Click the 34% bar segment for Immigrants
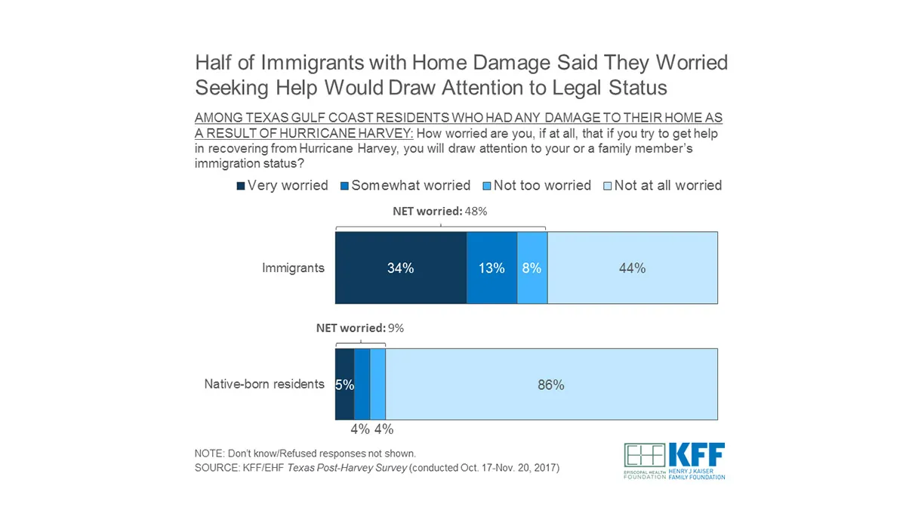pyautogui.click(x=400, y=268)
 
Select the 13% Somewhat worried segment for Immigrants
pyautogui.click(x=492, y=268)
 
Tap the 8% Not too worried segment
pyautogui.click(x=532, y=268)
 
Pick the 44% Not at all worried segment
pyautogui.click(x=632, y=268)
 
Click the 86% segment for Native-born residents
pyautogui.click(x=551, y=385)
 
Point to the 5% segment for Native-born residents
pyautogui.click(x=344, y=385)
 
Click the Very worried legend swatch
pyautogui.click(x=242, y=186)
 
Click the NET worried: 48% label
pyautogui.click(x=440, y=212)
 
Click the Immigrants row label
pyautogui.click(x=293, y=268)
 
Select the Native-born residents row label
pyautogui.click(x=264, y=385)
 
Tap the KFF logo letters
pyautogui.click(x=696, y=455)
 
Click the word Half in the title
pyautogui.click(x=214, y=62)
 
